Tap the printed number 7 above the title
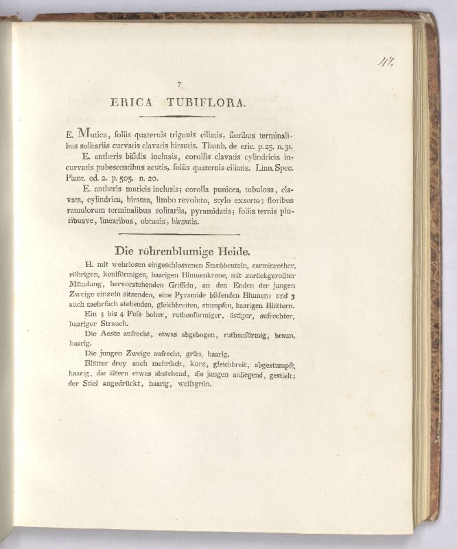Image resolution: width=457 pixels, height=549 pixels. point(179,84)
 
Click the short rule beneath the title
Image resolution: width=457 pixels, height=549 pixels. point(180,117)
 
